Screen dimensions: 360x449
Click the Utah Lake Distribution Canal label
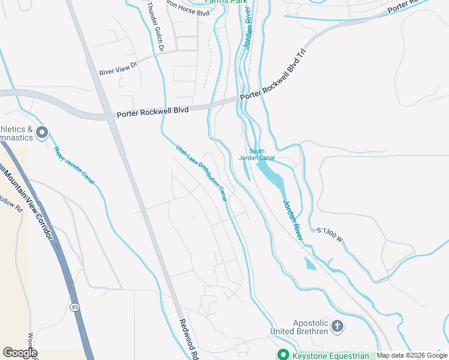point(201,172)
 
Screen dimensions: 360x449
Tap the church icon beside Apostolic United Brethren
point(337,326)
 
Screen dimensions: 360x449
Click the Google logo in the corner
point(19,353)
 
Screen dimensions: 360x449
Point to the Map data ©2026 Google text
point(412,356)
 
